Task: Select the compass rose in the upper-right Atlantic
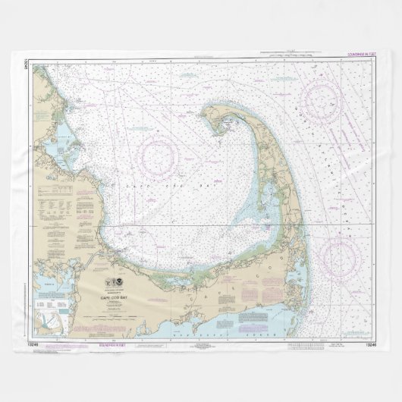(x=321, y=99)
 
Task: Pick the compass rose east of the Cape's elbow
(x=336, y=255)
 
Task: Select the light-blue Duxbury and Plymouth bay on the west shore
(x=61, y=140)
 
